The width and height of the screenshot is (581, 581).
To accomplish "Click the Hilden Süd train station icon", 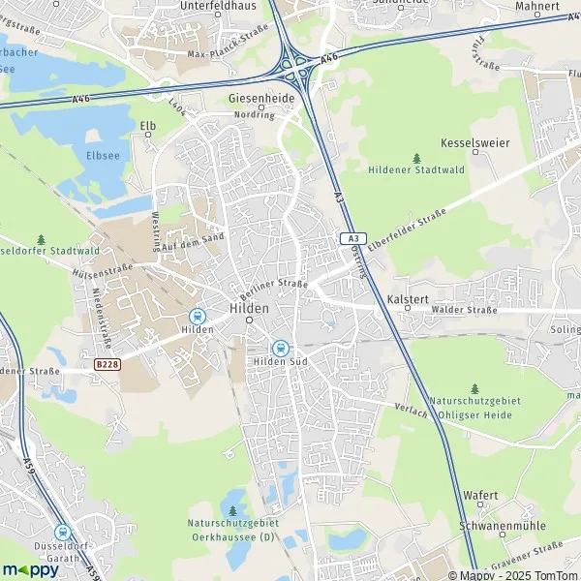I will tap(281, 348).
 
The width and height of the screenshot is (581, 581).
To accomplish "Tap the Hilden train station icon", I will tap(198, 316).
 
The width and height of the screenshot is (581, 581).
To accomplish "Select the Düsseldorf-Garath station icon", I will tap(63, 532).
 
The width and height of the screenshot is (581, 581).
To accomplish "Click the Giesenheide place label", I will tap(261, 98).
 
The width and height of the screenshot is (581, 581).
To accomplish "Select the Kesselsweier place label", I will tap(474, 142).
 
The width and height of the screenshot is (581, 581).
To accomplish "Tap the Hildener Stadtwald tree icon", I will tap(417, 157).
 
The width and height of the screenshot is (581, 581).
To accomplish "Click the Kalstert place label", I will tap(407, 299).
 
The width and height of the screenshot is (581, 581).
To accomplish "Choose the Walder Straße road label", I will tap(466, 311).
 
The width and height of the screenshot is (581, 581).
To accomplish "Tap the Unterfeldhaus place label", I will tap(216, 5).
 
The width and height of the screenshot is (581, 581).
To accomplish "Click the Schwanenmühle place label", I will tap(503, 526).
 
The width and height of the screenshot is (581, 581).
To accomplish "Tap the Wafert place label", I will tap(481, 495).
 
